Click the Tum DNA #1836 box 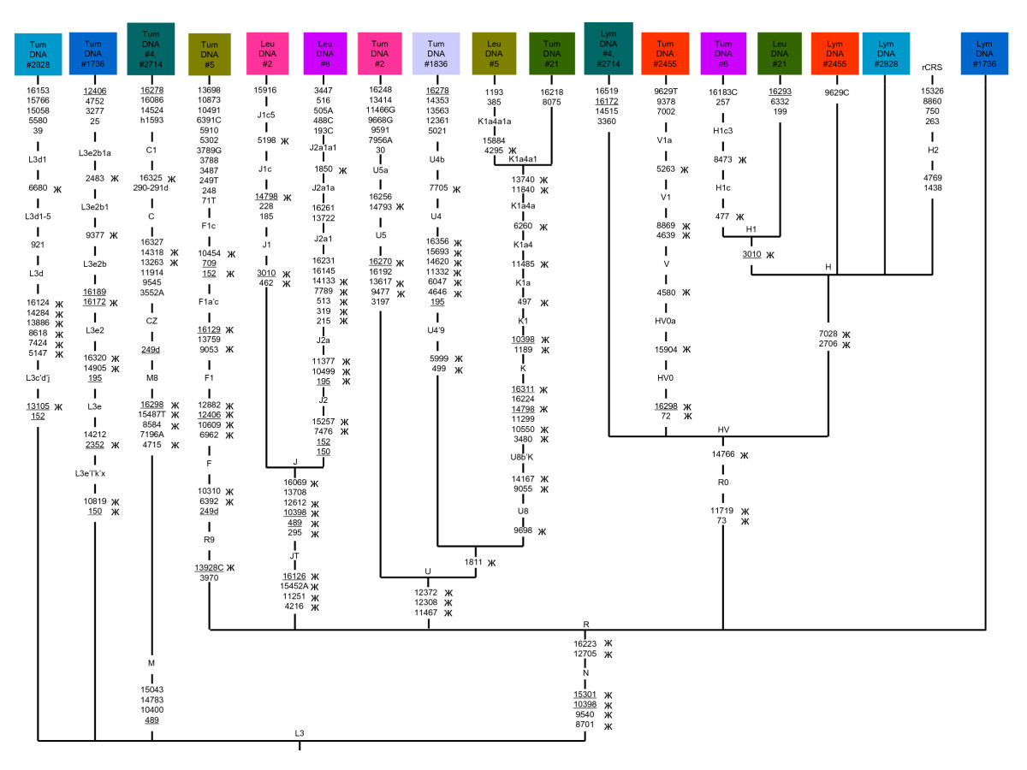[436, 53]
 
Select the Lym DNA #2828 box [886, 53]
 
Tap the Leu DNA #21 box [779, 53]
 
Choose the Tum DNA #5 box [209, 54]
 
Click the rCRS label [931, 68]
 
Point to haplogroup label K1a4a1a [494, 121]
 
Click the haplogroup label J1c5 [266, 115]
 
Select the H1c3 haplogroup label [722, 130]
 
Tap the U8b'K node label [522, 457]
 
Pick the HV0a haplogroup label [665, 321]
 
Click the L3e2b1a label [94, 153]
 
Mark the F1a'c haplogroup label [208, 301]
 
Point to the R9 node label [209, 540]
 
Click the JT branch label [294, 556]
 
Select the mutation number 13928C [209, 567]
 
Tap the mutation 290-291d [150, 187]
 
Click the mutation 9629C [836, 92]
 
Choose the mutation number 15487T [151, 414]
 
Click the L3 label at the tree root [299, 733]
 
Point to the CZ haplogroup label [151, 321]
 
